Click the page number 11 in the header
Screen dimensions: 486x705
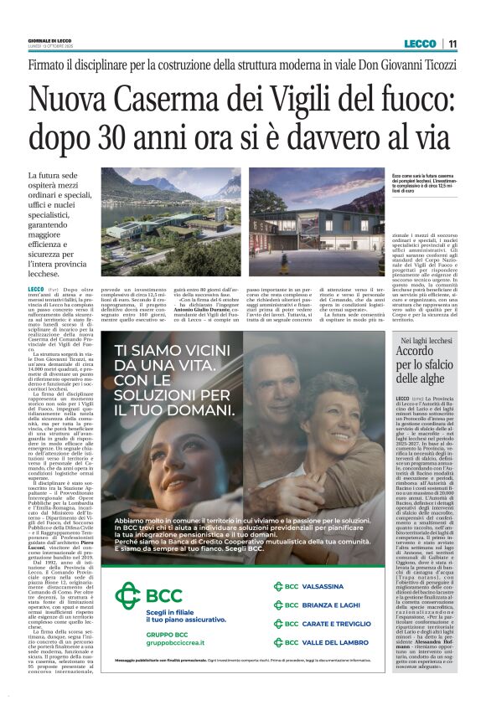tap(452, 44)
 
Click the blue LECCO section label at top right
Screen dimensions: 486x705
tap(419, 44)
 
